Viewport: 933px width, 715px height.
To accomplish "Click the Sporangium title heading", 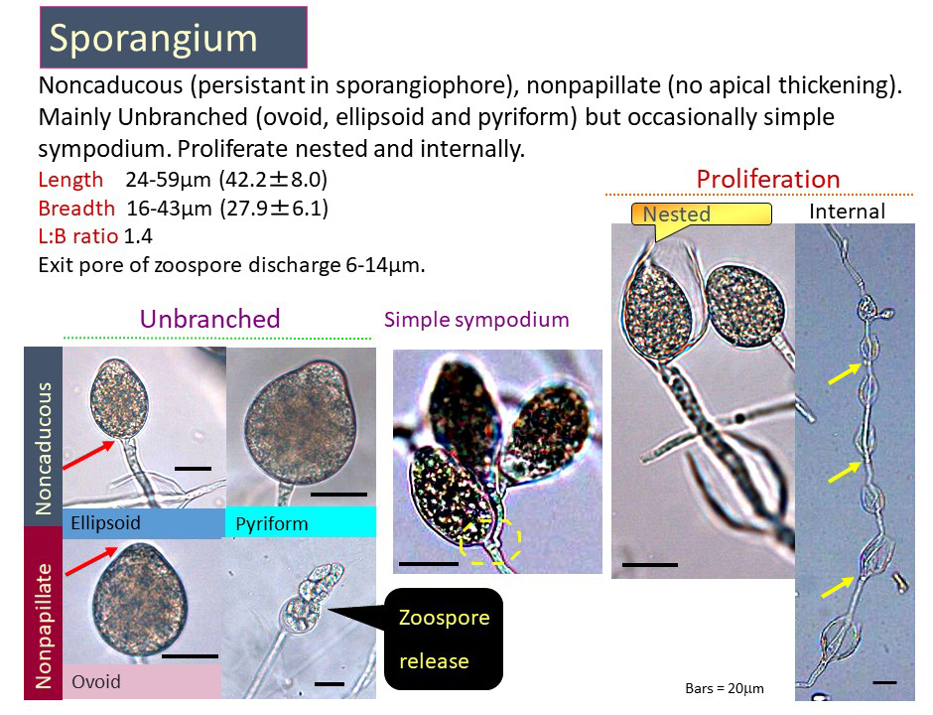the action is (x=173, y=37).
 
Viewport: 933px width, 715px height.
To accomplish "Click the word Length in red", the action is (x=70, y=179).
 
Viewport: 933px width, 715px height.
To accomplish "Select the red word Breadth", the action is (x=76, y=209).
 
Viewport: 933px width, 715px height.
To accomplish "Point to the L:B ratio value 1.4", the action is (x=138, y=236).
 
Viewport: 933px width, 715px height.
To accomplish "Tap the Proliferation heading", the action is (x=767, y=179).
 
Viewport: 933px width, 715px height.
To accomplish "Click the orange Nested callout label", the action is (x=701, y=214).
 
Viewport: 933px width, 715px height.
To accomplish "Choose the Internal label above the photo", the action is (x=847, y=212).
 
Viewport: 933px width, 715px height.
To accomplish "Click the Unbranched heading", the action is (x=210, y=319).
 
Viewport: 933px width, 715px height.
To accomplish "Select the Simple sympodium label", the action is (x=476, y=320).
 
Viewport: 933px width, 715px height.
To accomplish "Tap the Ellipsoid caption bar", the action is (x=143, y=523).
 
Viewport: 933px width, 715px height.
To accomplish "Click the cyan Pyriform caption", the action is (x=301, y=522).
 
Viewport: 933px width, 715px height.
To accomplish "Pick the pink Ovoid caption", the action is (x=142, y=681).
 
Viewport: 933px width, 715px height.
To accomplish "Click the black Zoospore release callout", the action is (x=444, y=639).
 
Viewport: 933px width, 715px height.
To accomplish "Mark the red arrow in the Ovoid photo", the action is (x=91, y=561).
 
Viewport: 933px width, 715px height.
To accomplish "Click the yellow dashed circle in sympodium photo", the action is (x=490, y=541).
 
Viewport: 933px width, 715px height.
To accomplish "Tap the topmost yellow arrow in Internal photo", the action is (x=845, y=373).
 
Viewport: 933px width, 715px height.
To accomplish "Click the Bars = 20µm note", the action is (x=725, y=689).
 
